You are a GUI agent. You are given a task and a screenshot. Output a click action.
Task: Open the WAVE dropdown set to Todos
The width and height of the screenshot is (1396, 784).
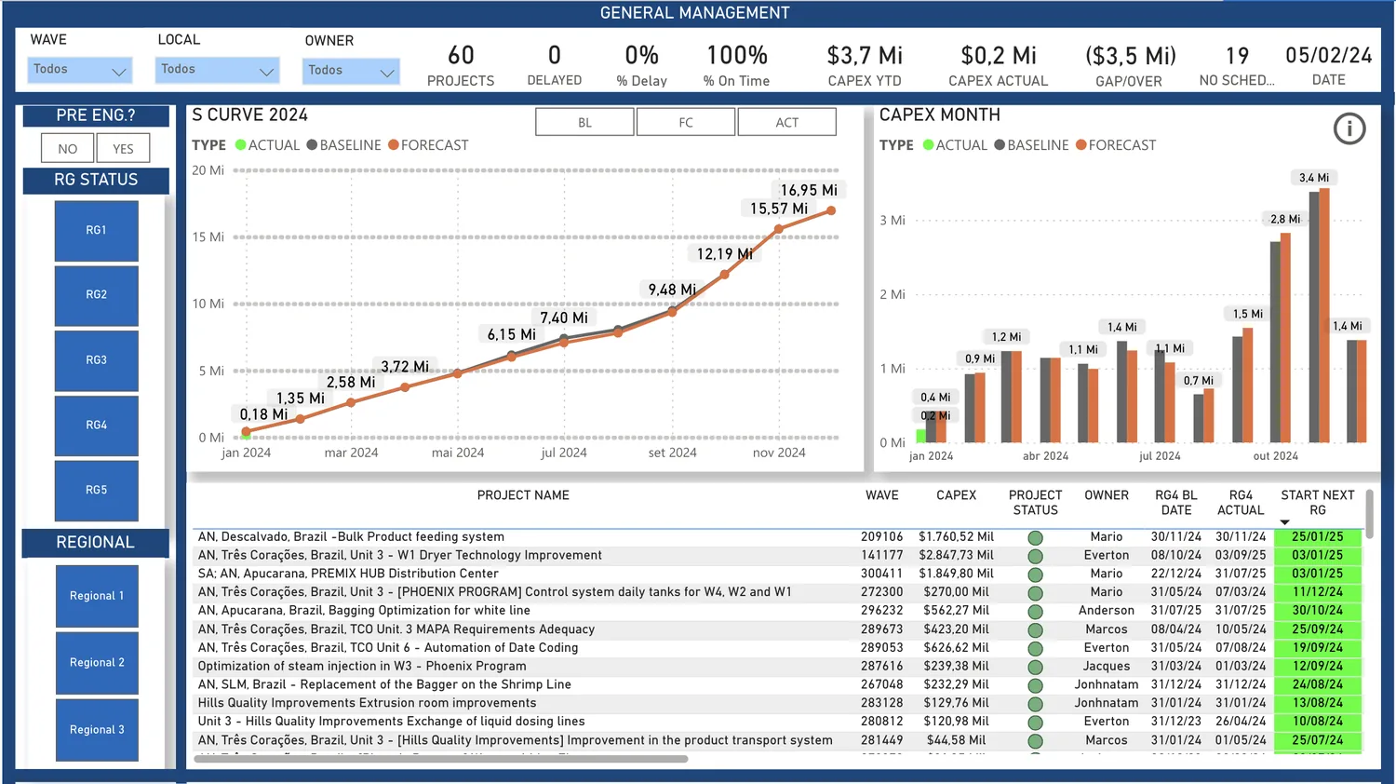(80, 70)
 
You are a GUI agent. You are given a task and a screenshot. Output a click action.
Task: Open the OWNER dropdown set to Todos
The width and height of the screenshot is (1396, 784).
(351, 71)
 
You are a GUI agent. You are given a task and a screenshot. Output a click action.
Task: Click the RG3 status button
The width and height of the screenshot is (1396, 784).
(97, 360)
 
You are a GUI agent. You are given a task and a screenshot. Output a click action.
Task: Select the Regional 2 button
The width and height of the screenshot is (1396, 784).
(97, 662)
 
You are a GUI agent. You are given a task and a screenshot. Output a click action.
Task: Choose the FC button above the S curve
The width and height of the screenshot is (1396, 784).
(686, 122)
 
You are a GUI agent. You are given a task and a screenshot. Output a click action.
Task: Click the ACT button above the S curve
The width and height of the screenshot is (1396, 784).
(787, 122)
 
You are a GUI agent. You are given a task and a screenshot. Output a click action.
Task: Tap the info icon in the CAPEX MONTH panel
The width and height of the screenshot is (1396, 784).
(1349, 129)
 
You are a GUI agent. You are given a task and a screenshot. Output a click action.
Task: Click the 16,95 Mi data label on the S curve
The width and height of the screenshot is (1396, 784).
(809, 190)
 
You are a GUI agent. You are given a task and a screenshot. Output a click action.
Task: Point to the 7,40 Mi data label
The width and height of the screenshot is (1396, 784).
(563, 318)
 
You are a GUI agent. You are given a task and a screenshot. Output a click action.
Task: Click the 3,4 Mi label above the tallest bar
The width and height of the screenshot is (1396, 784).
(1314, 178)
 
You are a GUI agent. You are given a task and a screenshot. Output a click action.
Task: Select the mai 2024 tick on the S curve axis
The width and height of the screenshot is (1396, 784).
(458, 453)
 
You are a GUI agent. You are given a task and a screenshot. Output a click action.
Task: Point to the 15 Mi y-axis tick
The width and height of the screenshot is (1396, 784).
(208, 237)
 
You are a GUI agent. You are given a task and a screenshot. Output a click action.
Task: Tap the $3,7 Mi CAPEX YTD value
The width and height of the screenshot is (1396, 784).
(865, 56)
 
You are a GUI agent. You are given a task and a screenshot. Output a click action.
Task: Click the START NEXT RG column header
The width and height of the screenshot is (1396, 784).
(1318, 503)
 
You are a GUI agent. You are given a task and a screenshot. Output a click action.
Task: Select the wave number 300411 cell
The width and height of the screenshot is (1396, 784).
(882, 574)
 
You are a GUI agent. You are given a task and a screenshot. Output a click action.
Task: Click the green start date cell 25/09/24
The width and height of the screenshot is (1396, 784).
(1318, 629)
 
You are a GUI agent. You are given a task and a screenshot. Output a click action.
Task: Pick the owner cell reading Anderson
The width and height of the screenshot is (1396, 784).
(1107, 610)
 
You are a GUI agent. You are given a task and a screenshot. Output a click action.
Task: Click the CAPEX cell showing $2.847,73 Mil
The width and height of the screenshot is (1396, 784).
(956, 555)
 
